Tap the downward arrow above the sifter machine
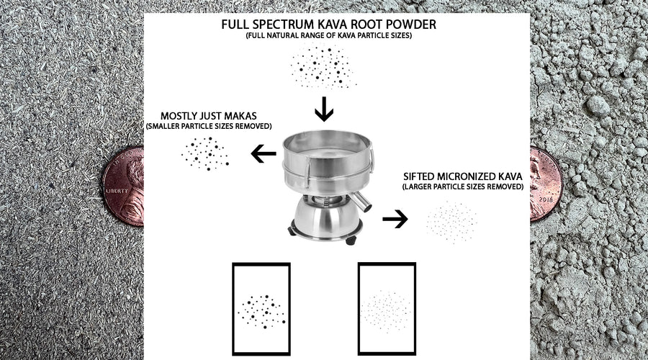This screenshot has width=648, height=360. pos(324,110)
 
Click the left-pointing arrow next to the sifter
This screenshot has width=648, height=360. pos(264,153)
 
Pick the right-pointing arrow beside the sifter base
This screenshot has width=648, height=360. pos(395,220)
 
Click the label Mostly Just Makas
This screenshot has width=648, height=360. pos(208,115)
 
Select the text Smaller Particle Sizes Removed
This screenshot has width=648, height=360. pos(208,126)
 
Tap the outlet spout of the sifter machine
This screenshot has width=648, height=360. pos(362,202)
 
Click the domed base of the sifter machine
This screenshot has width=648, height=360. pos(324,216)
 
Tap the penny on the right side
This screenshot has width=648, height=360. pos(545,184)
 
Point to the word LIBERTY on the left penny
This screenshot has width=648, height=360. pos(117,192)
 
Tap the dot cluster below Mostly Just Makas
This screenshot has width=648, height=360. pos(205,153)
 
